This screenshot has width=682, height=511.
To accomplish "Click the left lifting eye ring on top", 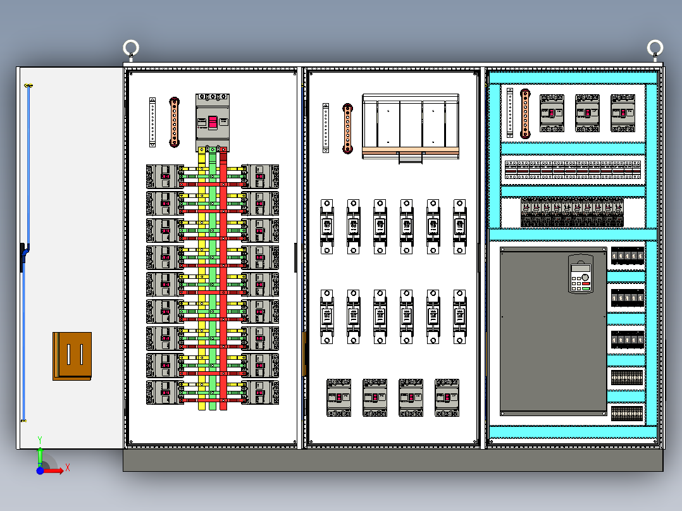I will click(x=131, y=48).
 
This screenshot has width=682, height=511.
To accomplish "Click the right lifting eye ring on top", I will click(x=655, y=48).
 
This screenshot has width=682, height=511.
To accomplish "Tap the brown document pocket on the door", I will click(x=72, y=356).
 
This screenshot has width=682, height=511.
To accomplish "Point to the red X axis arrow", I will click(x=56, y=469).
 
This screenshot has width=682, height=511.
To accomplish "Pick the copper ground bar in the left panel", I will click(x=175, y=122).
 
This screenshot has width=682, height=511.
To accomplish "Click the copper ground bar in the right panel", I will click(x=524, y=113).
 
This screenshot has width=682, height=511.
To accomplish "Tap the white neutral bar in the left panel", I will click(x=152, y=122).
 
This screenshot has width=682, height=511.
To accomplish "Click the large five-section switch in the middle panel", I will click(x=410, y=126).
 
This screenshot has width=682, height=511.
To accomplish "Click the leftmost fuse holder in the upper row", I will click(x=327, y=226).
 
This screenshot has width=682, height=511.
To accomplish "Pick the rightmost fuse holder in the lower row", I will click(x=460, y=317).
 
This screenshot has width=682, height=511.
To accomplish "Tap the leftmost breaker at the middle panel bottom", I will click(x=339, y=397).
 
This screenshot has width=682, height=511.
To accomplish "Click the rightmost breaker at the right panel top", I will click(x=623, y=113).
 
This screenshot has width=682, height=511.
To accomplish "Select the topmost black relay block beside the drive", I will click(x=627, y=256).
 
